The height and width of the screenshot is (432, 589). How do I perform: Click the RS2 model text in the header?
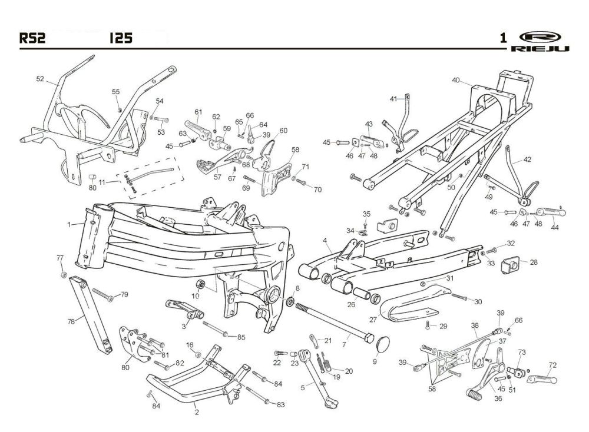pyautogui.click(x=32, y=38)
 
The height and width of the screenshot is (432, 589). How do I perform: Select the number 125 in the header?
pyautogui.click(x=121, y=38)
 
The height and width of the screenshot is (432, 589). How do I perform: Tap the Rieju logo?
pyautogui.click(x=540, y=41)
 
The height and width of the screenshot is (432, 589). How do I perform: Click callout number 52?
pyautogui.click(x=40, y=79)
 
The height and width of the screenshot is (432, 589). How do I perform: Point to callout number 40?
pyautogui.click(x=456, y=80)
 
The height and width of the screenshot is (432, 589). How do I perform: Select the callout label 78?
pyautogui.click(x=71, y=321)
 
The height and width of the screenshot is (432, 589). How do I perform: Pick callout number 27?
pyautogui.click(x=373, y=320)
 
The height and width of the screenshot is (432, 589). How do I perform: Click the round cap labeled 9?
pyautogui.click(x=383, y=344)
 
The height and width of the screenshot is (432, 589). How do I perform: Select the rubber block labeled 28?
pyautogui.click(x=511, y=264)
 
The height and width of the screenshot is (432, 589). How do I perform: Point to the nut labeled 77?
pyautogui.click(x=64, y=275)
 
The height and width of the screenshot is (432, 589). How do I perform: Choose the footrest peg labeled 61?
pyautogui.click(x=197, y=129)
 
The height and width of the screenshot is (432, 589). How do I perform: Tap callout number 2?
pyautogui.click(x=197, y=413)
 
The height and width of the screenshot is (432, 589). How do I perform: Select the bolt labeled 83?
pyautogui.click(x=257, y=396)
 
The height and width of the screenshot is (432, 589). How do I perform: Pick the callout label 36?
pyautogui.click(x=498, y=398)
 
